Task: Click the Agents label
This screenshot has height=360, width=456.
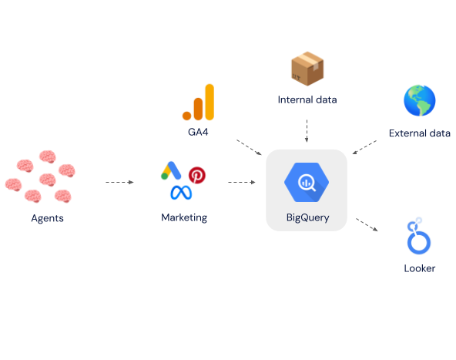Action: click(48, 218)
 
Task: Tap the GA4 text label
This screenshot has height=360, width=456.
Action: click(198, 132)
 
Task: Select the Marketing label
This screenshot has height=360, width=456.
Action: click(184, 217)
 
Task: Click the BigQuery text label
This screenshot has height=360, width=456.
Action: click(307, 217)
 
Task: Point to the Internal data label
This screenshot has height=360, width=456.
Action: click(307, 99)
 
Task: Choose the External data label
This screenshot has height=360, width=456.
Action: click(419, 133)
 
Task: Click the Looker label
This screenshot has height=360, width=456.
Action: click(419, 268)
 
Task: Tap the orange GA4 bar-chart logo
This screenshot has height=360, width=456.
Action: click(198, 103)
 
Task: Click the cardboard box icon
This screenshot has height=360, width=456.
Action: click(307, 69)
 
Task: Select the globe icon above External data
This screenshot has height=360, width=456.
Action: click(419, 100)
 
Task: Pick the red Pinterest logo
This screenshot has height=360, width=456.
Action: click(197, 175)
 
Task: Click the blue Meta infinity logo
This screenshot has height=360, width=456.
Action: click(181, 193)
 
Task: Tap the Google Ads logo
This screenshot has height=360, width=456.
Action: click(171, 170)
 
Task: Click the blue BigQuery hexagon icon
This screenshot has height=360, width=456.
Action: click(307, 182)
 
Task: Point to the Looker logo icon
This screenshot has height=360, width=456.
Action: click(419, 236)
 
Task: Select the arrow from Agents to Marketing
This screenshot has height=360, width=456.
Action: click(119, 182)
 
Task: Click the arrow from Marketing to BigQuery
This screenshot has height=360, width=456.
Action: click(242, 182)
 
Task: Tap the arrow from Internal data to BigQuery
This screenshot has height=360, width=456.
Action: click(307, 131)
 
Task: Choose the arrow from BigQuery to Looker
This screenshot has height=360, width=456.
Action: click(367, 224)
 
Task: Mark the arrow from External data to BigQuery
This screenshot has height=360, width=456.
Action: click(364, 147)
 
